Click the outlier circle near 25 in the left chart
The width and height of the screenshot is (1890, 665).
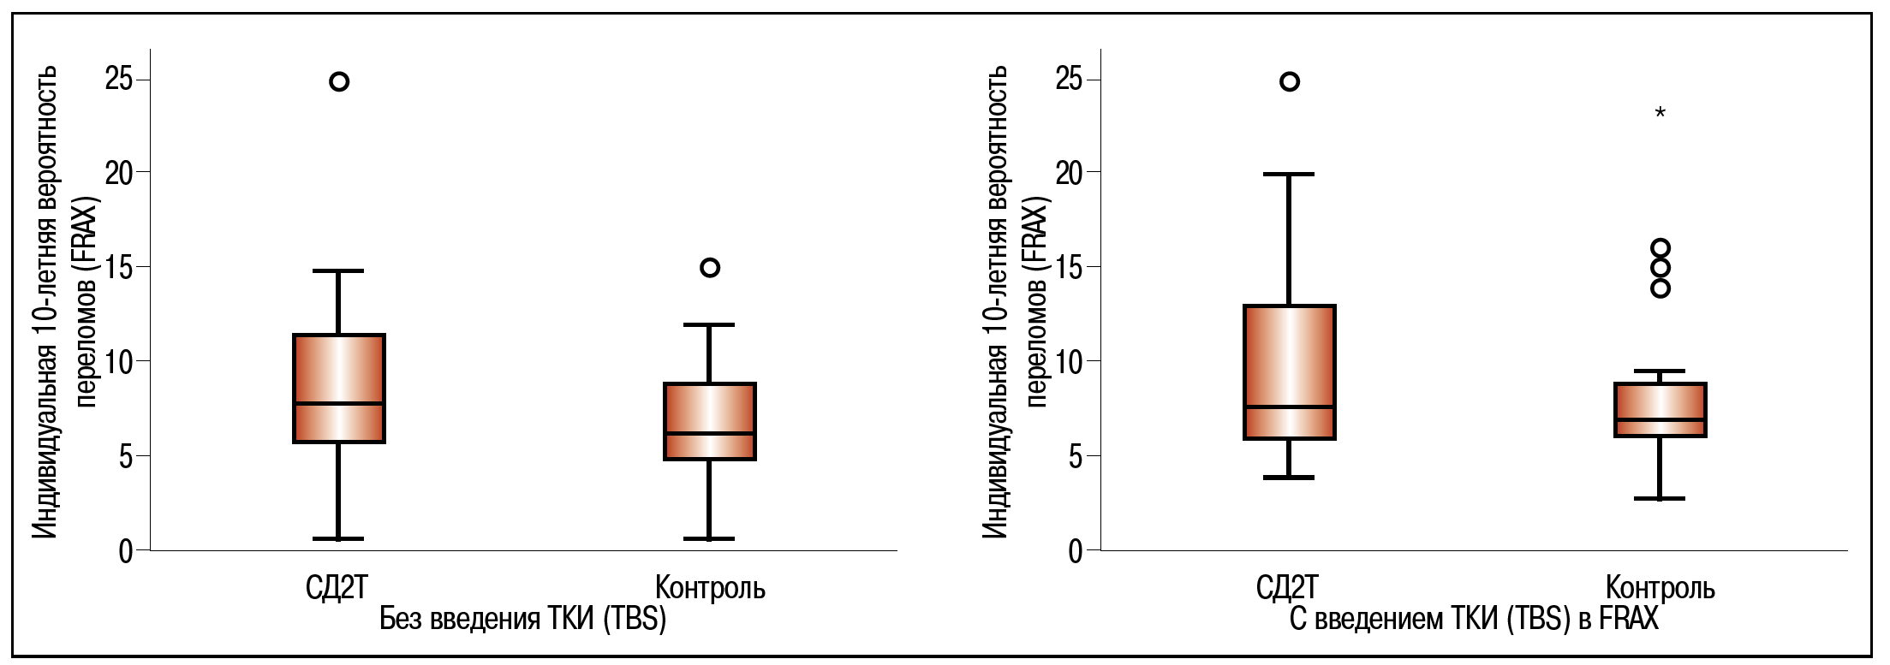(339, 82)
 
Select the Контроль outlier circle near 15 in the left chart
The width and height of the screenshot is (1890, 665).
(710, 268)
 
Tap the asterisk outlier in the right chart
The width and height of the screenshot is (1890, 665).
(1660, 112)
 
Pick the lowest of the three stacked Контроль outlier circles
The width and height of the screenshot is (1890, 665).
(1660, 288)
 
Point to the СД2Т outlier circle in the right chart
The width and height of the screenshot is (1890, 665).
(1289, 82)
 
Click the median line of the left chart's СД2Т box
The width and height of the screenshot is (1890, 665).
(339, 403)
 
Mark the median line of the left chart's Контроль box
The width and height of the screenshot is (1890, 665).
(710, 433)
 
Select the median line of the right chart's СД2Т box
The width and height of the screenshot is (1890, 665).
(1289, 407)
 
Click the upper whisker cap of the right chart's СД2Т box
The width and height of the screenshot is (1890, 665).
(1289, 175)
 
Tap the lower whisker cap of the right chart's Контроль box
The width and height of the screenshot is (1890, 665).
(1660, 498)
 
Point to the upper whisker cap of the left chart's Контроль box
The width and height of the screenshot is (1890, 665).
(710, 325)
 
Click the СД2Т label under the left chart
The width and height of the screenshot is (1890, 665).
(337, 588)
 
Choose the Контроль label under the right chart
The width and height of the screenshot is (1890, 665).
(1660, 588)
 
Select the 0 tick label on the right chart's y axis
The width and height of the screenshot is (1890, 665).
(1076, 551)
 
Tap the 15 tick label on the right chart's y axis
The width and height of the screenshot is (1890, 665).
(1070, 268)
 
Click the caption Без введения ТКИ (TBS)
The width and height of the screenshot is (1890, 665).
(522, 619)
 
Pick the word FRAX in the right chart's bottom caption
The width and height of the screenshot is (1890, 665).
(1629, 619)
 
